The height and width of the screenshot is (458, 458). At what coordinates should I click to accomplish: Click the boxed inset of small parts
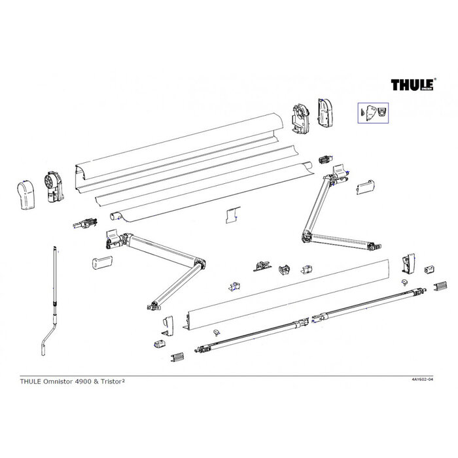pos(373,113)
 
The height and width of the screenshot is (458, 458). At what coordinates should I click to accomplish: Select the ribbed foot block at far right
pos(441,287)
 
